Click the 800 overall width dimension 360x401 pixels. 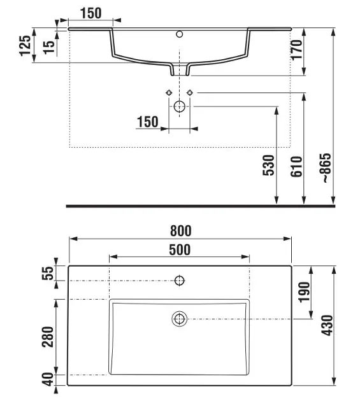pos(181,230)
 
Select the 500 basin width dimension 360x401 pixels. pos(180,250)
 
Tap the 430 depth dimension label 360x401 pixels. pos(328,325)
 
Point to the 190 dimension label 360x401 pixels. pos(305,292)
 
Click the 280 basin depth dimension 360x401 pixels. pos(48,337)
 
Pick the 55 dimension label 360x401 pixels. pos(48,273)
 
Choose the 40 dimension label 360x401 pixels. pos(48,379)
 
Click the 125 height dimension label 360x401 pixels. pos(25,46)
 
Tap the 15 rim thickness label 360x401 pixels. pos(49,47)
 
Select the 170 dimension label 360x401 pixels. pos(296,50)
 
